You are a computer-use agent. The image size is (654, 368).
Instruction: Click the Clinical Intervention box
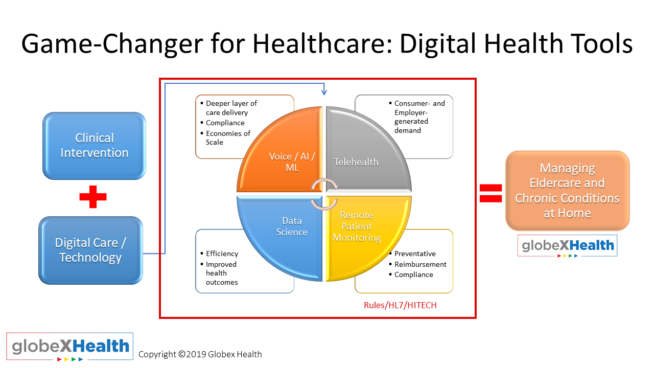pyautogui.click(x=95, y=146)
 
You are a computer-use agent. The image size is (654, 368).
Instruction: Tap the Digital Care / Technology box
pyautogui.click(x=91, y=250)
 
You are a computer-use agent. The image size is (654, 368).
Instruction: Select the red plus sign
pyautogui.click(x=93, y=197)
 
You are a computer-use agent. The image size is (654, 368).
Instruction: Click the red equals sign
pyautogui.click(x=491, y=193)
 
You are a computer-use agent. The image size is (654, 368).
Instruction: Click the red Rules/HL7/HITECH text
pyautogui.click(x=400, y=305)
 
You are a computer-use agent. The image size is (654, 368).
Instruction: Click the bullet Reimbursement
pyautogui.click(x=417, y=264)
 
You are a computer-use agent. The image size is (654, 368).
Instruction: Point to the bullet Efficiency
pyautogui.click(x=219, y=254)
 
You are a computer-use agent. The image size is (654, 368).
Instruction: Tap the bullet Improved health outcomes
pyautogui.click(x=219, y=273)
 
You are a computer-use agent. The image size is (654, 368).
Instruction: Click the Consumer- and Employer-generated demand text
pyautogui.click(x=417, y=117)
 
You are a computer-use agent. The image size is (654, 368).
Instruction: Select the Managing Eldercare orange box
pyautogui.click(x=567, y=191)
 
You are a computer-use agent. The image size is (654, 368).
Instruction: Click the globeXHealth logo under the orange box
pyautogui.click(x=567, y=246)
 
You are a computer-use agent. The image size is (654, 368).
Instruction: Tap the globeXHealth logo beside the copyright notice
pyautogui.click(x=70, y=347)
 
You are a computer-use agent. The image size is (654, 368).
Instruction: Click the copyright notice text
pyautogui.click(x=200, y=354)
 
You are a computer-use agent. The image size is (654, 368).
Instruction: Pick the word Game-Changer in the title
pyautogui.click(x=112, y=44)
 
